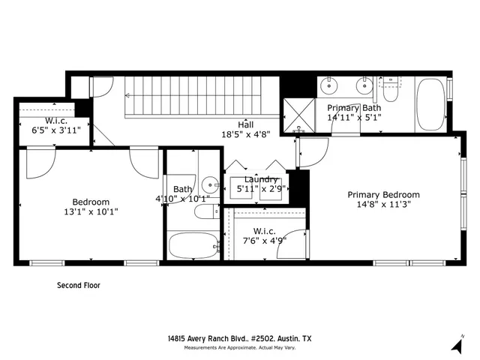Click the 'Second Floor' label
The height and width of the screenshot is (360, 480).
coord(79,285)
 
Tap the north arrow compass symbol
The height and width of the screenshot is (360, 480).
coord(457,344)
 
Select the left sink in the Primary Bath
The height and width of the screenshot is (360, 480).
coord(329,86)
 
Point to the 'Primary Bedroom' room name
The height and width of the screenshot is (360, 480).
coord(383,194)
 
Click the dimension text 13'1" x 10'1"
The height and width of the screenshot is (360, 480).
coord(91,211)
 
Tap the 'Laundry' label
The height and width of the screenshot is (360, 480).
coord(261,179)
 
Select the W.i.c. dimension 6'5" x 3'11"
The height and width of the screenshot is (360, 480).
coord(56,129)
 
